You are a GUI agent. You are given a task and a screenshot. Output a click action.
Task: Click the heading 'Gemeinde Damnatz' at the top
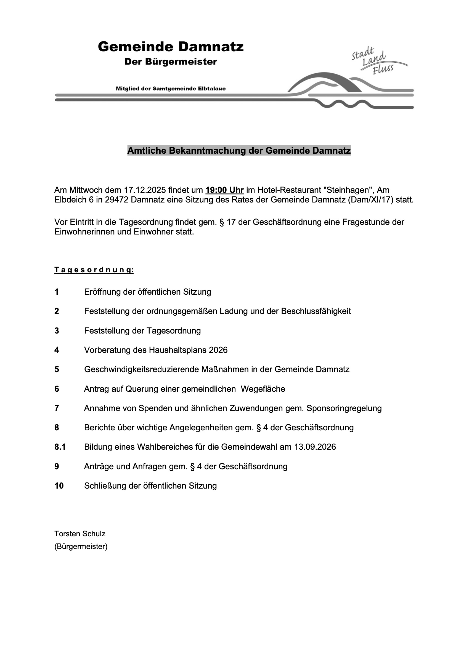[x=171, y=47]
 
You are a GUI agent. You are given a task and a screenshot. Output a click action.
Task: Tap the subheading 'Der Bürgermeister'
[x=171, y=62]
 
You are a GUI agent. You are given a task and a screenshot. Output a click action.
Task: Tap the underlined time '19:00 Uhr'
[x=224, y=190]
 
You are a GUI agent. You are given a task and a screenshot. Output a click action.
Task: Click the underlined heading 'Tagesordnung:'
[x=94, y=270]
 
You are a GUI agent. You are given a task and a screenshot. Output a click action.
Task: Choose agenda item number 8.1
[x=60, y=447]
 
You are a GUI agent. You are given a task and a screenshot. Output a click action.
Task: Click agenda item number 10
[x=59, y=486]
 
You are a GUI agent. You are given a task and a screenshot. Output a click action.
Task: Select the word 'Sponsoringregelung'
[x=344, y=408]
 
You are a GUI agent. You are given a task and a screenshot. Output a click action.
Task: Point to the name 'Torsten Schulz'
[x=80, y=534]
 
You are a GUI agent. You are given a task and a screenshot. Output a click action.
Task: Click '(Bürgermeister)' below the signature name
[x=81, y=547]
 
